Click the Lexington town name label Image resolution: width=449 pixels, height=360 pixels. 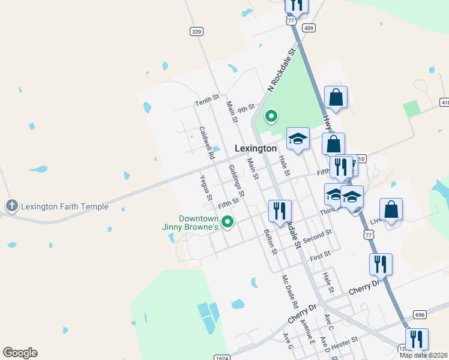pos(256,148)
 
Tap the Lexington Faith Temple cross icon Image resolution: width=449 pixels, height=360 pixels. pos(11,206)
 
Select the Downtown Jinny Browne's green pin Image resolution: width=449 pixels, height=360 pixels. pos(228,223)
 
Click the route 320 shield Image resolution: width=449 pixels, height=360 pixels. pos(196,31)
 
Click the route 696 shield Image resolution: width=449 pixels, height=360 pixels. pos(420,314)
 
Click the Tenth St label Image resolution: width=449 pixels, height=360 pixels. pos(207,100)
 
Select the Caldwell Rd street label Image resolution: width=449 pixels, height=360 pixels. pos(207,142)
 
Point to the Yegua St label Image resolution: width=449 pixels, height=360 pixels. pos(206,188)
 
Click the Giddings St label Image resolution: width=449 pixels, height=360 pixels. pos(237,182)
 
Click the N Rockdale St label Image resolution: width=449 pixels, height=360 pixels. pos(283,71)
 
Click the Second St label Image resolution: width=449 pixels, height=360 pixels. pos(318,235)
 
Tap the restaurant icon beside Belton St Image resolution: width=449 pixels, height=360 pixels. pos(280,211)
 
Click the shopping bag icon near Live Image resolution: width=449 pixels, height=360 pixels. pos(391,210)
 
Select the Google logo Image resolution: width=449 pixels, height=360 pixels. pos(20,353)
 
